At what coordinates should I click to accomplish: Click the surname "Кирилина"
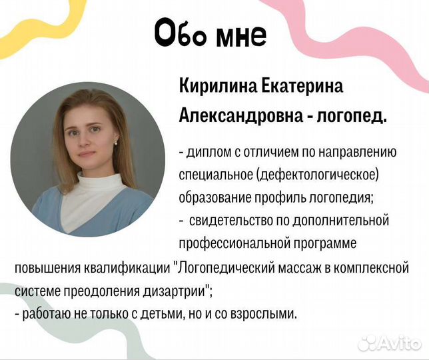[213, 86]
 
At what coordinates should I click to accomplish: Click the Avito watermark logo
[390, 343]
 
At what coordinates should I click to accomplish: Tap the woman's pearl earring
[117, 142]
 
